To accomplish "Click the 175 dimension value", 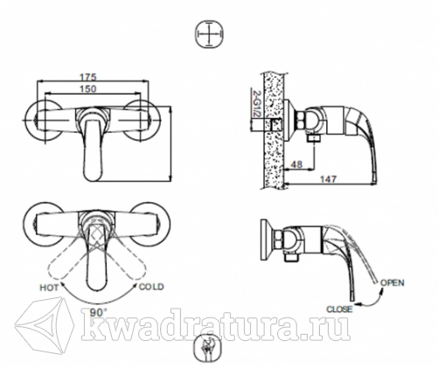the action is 87,77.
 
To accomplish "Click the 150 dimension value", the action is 87,88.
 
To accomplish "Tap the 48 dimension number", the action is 296,164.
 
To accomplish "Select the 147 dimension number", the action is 329,178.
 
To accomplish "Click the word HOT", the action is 49,288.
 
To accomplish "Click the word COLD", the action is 151,287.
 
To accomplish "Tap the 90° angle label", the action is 97,313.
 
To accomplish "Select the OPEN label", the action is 393,282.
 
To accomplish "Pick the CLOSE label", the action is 339,309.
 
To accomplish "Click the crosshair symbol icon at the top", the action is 210,34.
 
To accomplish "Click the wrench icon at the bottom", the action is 208,348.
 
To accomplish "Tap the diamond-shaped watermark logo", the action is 45,324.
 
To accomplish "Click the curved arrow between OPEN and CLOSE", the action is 374,302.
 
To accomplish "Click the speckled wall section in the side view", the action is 273,130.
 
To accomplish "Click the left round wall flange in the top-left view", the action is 44,121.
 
